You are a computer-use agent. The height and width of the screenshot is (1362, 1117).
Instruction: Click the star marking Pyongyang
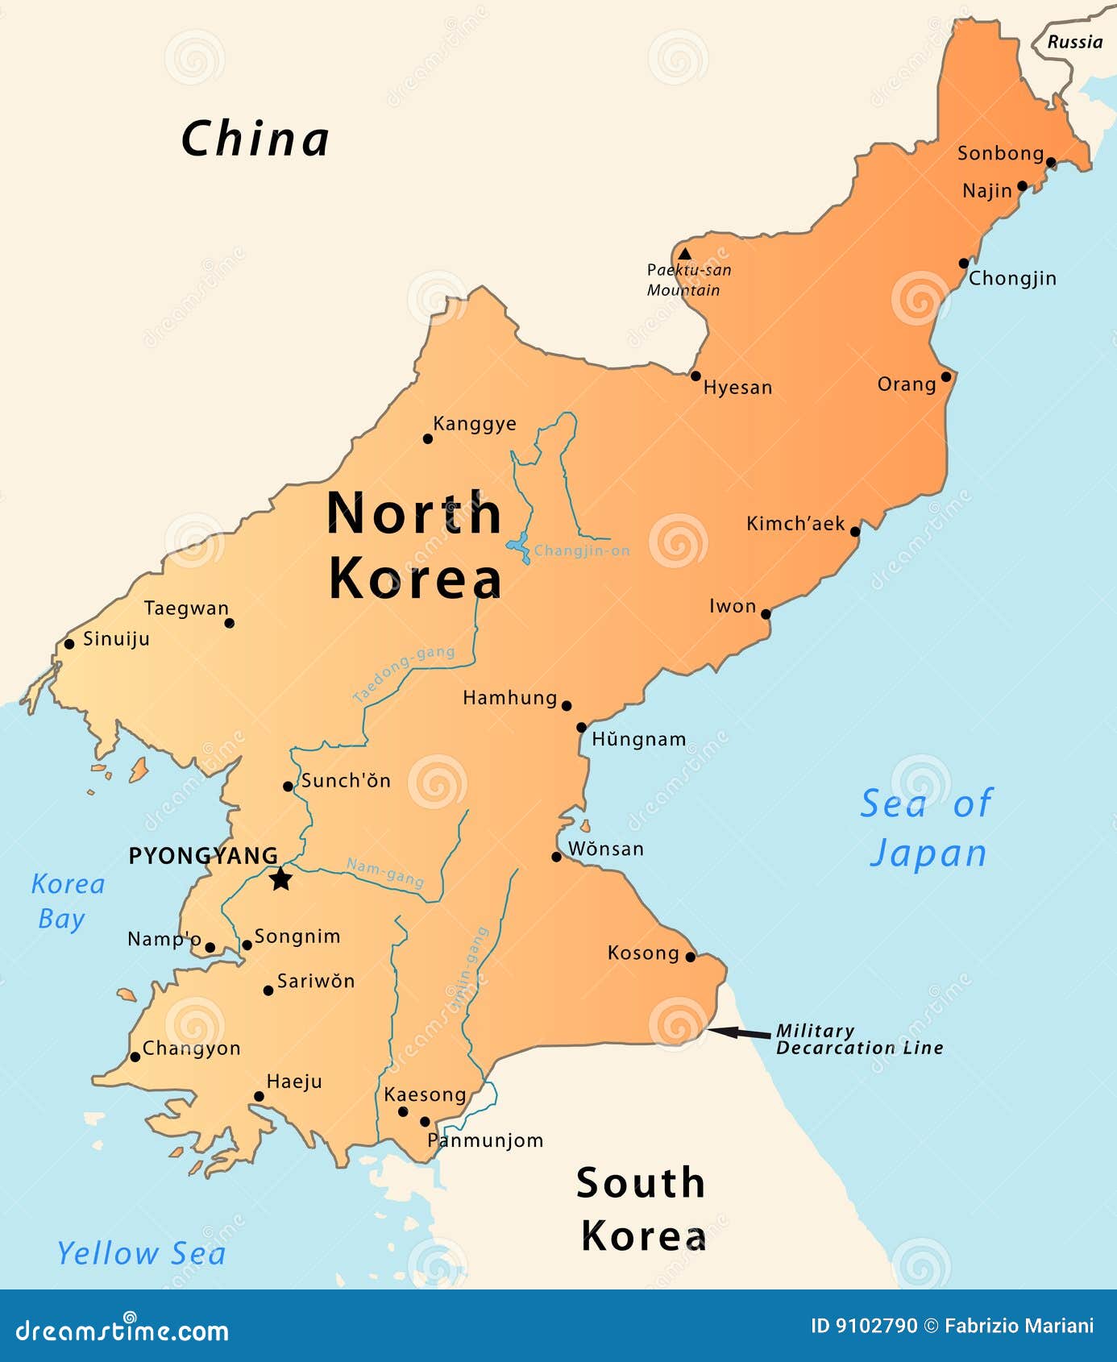point(280,878)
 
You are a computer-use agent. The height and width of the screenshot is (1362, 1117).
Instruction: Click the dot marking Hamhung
point(567,705)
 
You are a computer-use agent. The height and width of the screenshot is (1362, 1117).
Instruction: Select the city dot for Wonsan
point(556,857)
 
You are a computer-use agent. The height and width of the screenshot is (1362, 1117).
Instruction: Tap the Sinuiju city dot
point(69,643)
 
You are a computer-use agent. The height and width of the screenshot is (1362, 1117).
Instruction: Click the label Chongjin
point(1012,279)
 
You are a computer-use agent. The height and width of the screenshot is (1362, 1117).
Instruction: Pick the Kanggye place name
point(475,424)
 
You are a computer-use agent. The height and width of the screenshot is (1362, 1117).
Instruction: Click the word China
point(255,139)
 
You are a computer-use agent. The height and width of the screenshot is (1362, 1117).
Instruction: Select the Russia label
point(1074,43)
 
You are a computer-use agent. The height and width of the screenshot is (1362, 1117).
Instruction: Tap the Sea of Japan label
point(928,828)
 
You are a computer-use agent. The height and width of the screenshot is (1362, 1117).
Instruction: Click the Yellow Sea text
point(142,1253)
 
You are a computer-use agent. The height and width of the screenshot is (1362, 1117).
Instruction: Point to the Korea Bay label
point(67,901)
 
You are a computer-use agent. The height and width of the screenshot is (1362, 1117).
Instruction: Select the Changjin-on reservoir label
point(582,551)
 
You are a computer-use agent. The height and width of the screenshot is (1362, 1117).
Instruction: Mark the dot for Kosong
point(690,957)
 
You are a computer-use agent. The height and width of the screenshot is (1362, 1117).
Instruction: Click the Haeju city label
point(294,1082)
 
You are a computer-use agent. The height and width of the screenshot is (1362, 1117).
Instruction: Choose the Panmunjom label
point(485,1140)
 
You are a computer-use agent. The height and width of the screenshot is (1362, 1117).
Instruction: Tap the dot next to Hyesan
point(696,376)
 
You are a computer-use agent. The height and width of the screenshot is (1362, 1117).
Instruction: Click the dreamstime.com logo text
point(122,1330)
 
